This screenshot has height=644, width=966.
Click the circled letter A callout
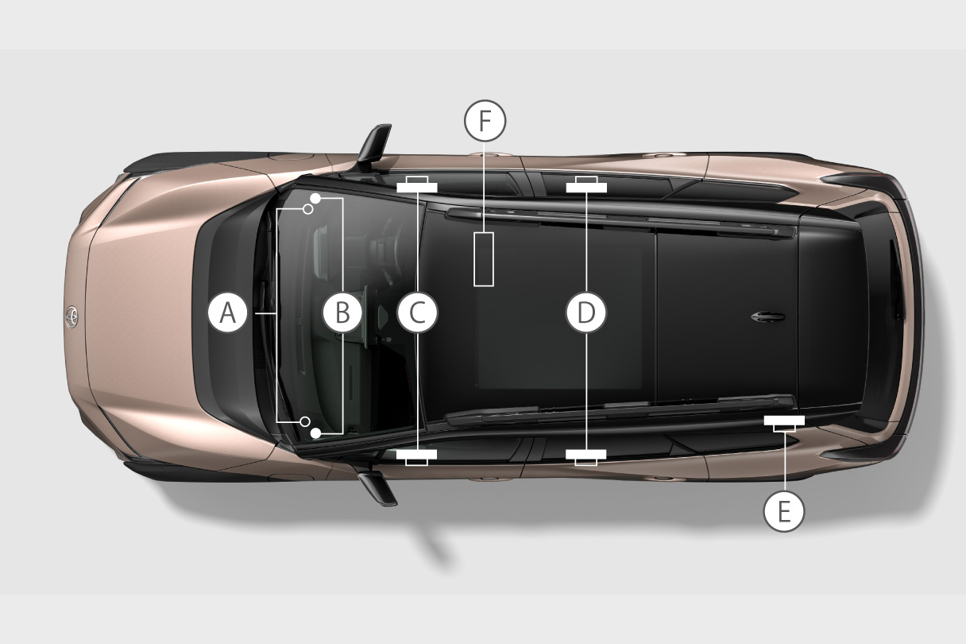(x=228, y=313)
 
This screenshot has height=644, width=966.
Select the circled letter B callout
(x=342, y=313)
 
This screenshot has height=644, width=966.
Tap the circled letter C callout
(x=417, y=313)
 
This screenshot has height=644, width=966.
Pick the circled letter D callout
(x=585, y=313)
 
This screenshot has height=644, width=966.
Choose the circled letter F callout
(x=485, y=121)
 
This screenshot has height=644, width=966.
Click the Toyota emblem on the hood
(x=71, y=316)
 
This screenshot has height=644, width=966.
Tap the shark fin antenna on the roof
(x=767, y=317)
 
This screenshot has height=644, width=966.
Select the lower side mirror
(x=379, y=486)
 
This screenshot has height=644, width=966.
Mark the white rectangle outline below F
(x=484, y=259)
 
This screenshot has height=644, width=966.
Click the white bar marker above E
(x=784, y=421)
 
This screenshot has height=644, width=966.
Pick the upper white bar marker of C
(x=416, y=188)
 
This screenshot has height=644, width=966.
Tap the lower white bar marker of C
(x=416, y=455)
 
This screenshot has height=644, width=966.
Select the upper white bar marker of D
(x=586, y=188)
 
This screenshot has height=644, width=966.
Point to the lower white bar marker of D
(x=586, y=455)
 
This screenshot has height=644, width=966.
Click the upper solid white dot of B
(x=315, y=197)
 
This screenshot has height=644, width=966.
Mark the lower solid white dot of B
(x=315, y=433)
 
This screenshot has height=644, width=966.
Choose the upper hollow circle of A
(x=307, y=210)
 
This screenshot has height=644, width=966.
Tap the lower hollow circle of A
(x=306, y=421)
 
